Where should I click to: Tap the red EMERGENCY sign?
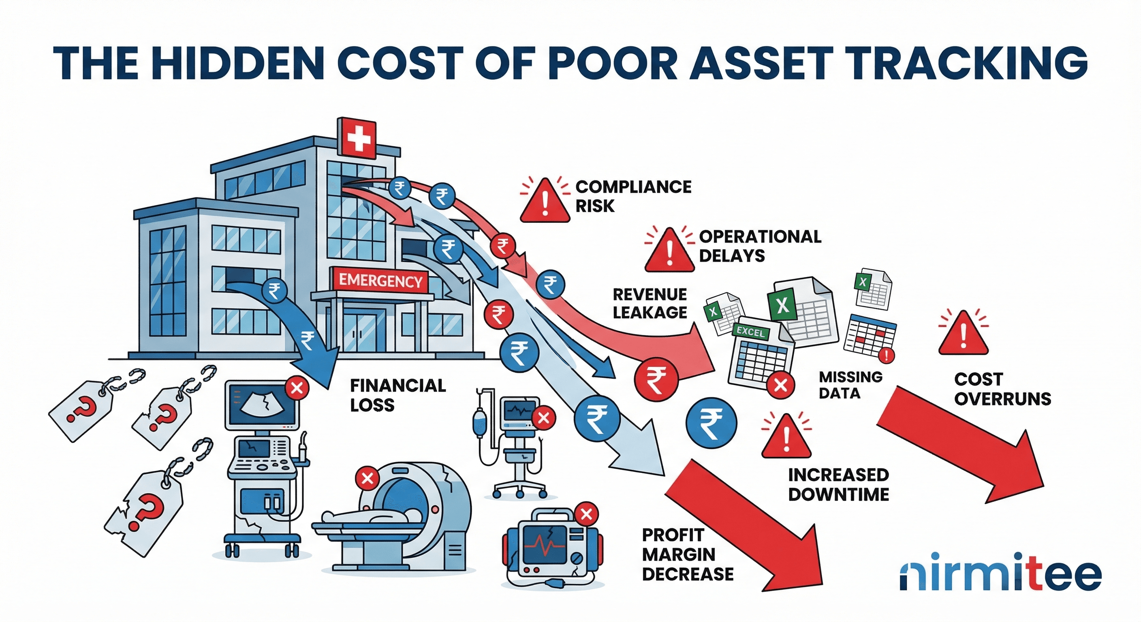380,281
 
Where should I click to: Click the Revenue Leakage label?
650,303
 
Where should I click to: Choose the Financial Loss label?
397,395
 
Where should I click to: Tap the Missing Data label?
850,385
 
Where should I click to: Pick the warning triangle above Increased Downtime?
786,437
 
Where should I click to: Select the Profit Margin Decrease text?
688,554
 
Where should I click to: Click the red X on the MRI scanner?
367,478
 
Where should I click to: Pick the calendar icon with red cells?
869,336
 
